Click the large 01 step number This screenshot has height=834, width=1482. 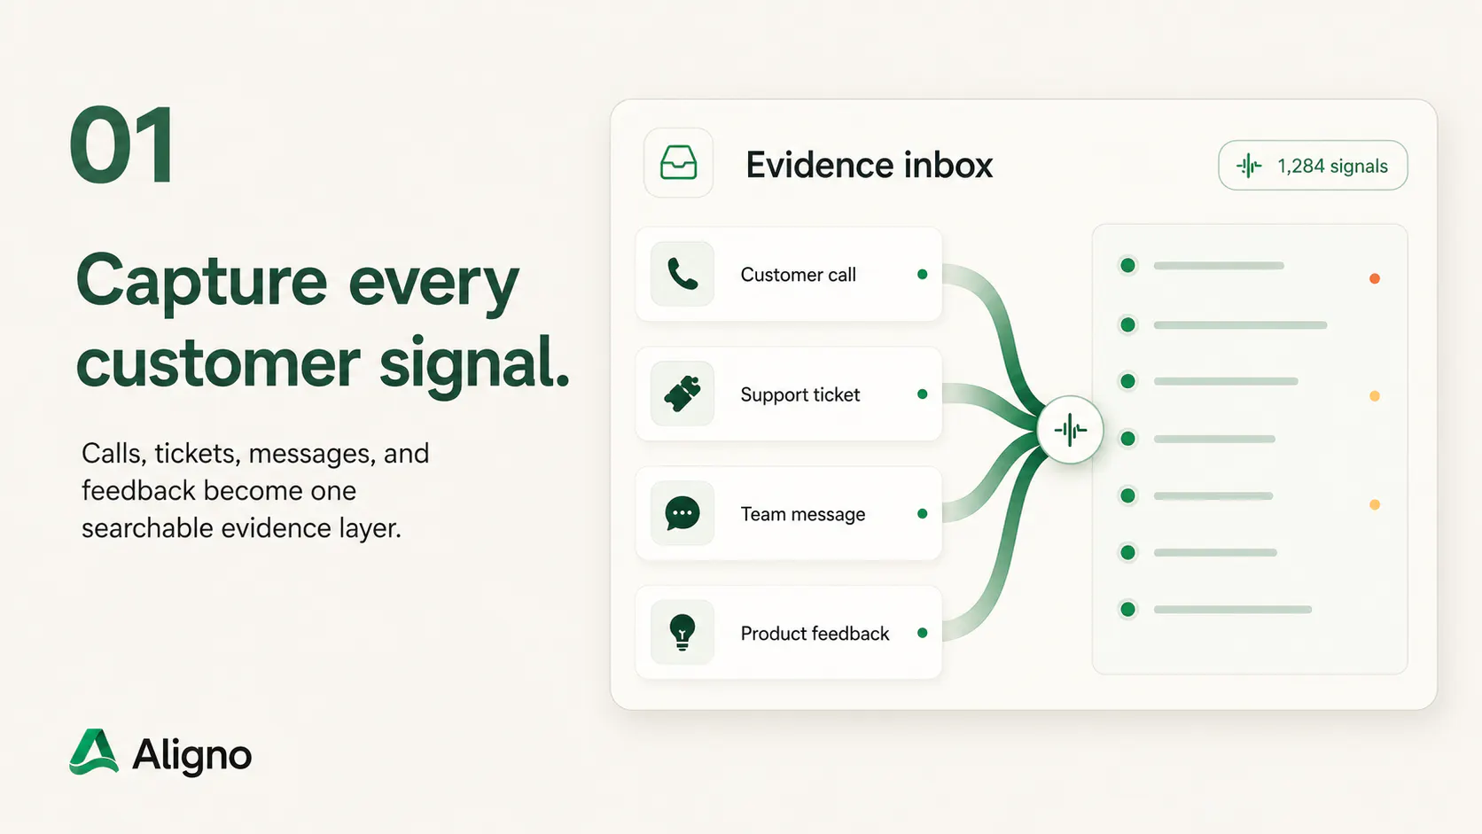pos(122,144)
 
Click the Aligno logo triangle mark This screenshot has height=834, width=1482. pos(94,752)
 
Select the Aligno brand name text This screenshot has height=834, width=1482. pos(191,754)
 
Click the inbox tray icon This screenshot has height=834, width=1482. pos(678,163)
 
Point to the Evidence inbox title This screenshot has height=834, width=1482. pos(869,165)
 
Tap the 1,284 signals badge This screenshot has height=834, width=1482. pos(1313,166)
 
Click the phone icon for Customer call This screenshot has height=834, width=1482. pos(682,274)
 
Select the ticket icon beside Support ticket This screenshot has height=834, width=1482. pos(682,394)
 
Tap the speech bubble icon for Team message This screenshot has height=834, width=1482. pos(682,513)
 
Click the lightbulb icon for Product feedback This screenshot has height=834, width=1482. pos(682,633)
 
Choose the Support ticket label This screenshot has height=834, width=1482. pos(799,395)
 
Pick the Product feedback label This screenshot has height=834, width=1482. pos(815,634)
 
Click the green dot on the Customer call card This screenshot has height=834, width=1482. pos(923,275)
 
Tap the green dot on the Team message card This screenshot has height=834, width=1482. pos(923,514)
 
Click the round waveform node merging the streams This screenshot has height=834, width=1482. pos(1070,430)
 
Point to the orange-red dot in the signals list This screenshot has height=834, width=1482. pos(1374,278)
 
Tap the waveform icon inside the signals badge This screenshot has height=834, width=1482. pos(1249,166)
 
